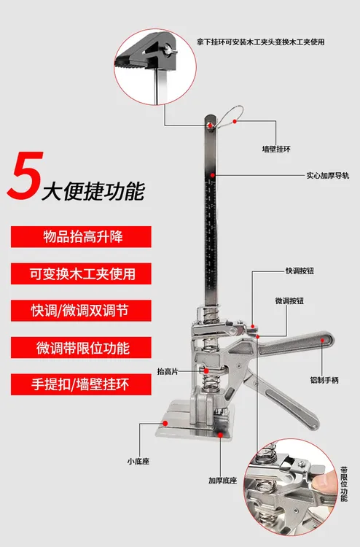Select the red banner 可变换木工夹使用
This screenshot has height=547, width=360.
coord(81,273)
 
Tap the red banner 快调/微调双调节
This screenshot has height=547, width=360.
coord(81,310)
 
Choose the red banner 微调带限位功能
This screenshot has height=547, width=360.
coord(81,346)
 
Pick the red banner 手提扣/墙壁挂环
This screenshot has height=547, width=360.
coord(81,384)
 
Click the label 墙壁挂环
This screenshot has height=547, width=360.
coord(276,149)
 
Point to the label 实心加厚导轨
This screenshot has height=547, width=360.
coord(327,175)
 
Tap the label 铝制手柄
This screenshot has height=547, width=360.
coord(321,379)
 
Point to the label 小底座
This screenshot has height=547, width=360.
coord(137,461)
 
